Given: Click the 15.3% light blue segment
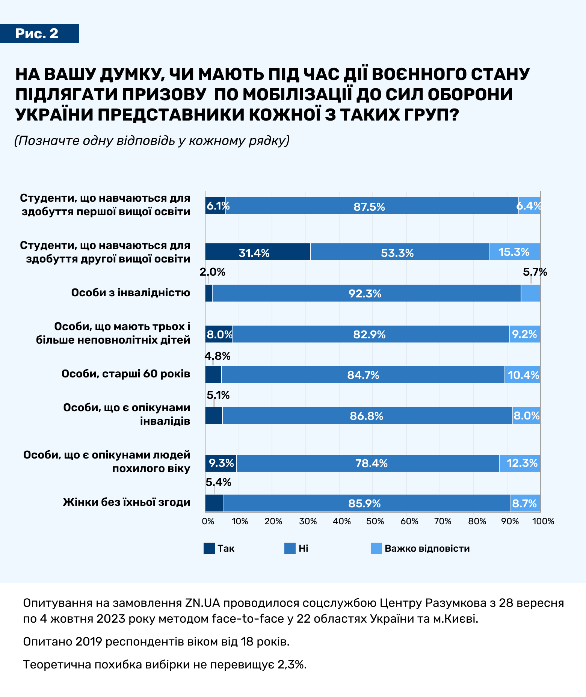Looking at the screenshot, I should [514, 252].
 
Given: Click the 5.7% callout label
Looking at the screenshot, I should [535, 272].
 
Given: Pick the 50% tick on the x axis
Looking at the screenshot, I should [375, 521].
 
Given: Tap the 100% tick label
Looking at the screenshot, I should [544, 521].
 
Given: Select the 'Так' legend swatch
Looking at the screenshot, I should [209, 548].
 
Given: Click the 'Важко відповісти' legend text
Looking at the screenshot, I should [427, 548].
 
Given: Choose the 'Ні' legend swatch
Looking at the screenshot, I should [290, 548].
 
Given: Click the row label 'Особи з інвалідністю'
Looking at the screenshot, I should [131, 293].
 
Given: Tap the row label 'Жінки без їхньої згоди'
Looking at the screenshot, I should [127, 502].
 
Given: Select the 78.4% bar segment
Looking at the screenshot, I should [371, 463].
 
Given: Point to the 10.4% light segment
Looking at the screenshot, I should [523, 375].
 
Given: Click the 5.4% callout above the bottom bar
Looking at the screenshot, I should [218, 482].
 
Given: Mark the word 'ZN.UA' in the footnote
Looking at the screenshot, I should [203, 603].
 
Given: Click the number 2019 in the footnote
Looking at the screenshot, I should [89, 641].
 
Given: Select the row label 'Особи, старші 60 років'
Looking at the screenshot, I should [126, 374].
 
